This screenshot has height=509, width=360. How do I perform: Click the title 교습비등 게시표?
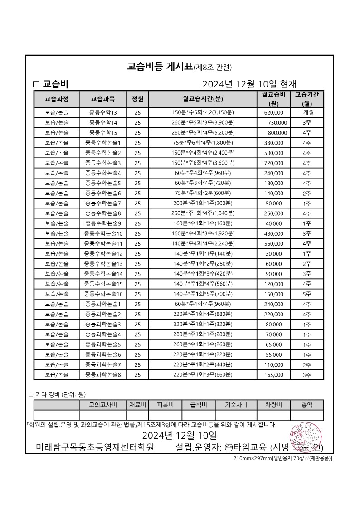pos(161,67)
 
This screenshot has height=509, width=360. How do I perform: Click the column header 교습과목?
pos(102,99)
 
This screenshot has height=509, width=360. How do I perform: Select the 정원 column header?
pos(137,99)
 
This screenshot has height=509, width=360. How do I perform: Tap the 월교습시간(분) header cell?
pos(203,99)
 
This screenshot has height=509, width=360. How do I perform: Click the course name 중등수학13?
pos(103,112)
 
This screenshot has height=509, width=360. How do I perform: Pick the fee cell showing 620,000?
pos(273,112)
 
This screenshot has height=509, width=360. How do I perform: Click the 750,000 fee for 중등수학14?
pos(277,122)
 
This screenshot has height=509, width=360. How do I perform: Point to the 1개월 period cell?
pos(307,112)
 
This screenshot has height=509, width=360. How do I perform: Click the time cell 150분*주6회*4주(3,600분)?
pos(203,163)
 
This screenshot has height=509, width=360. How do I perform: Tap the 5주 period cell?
pos(307,294)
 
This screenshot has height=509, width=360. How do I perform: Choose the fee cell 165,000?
pos(273,375)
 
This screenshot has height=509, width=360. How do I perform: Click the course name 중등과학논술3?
pos(103,325)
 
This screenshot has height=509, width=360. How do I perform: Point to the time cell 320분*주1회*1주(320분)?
pos(203,325)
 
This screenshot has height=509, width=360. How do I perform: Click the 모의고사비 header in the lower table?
pos(103,405)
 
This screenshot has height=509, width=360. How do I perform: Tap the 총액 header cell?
pos(307,405)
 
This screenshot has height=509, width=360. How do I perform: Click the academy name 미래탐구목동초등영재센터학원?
pos(95,448)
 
